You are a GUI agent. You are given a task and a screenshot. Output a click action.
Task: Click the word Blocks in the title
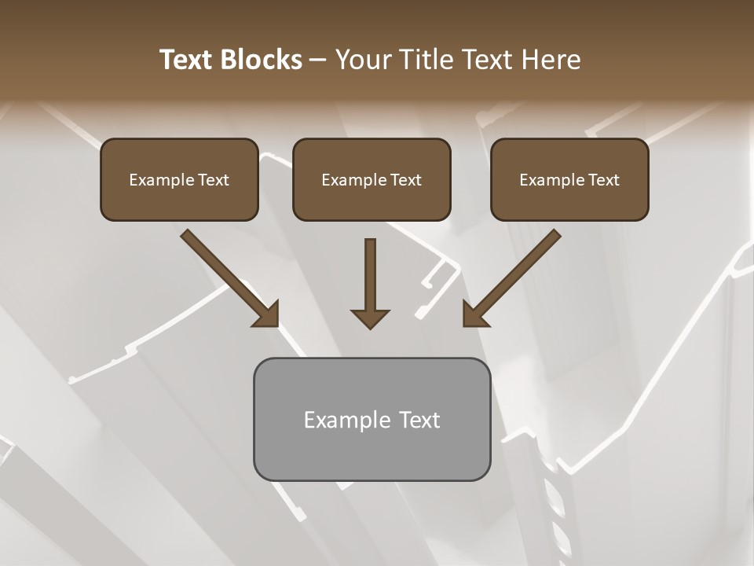tap(262, 60)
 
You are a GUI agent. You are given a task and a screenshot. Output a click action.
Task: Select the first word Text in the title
tap(188, 60)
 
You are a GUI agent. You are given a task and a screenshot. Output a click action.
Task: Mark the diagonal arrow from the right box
tap(514, 275)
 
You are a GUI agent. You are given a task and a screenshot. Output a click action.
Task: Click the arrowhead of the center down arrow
tap(370, 318)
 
